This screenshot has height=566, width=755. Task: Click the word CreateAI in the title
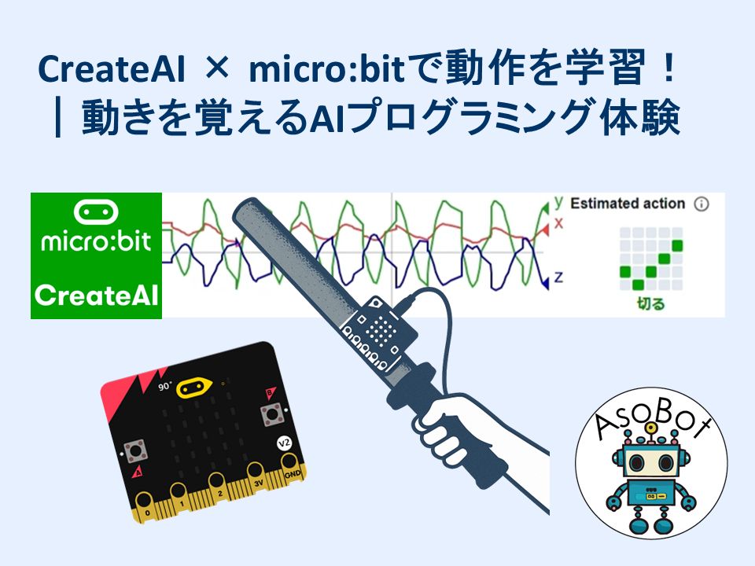coord(111,69)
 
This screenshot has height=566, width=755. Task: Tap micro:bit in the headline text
coord(326,68)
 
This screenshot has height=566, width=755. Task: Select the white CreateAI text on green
coord(96,295)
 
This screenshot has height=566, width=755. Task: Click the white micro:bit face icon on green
coord(96,211)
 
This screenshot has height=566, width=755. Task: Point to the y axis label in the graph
coord(558,202)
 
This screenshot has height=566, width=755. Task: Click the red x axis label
coord(558,223)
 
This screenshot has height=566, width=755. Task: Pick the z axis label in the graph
coord(558,277)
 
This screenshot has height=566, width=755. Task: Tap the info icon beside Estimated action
coord(701,204)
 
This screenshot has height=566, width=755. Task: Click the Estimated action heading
coord(628,204)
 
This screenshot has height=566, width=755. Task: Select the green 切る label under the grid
coord(650,303)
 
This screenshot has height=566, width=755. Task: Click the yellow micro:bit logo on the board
coord(194,388)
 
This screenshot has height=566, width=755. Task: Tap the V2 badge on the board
coord(284,443)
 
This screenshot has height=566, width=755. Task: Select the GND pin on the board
coord(290,468)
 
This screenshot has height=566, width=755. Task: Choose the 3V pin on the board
coord(256,476)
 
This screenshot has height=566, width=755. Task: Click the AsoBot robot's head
coord(651,462)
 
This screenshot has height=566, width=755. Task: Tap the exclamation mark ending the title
coord(668,69)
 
